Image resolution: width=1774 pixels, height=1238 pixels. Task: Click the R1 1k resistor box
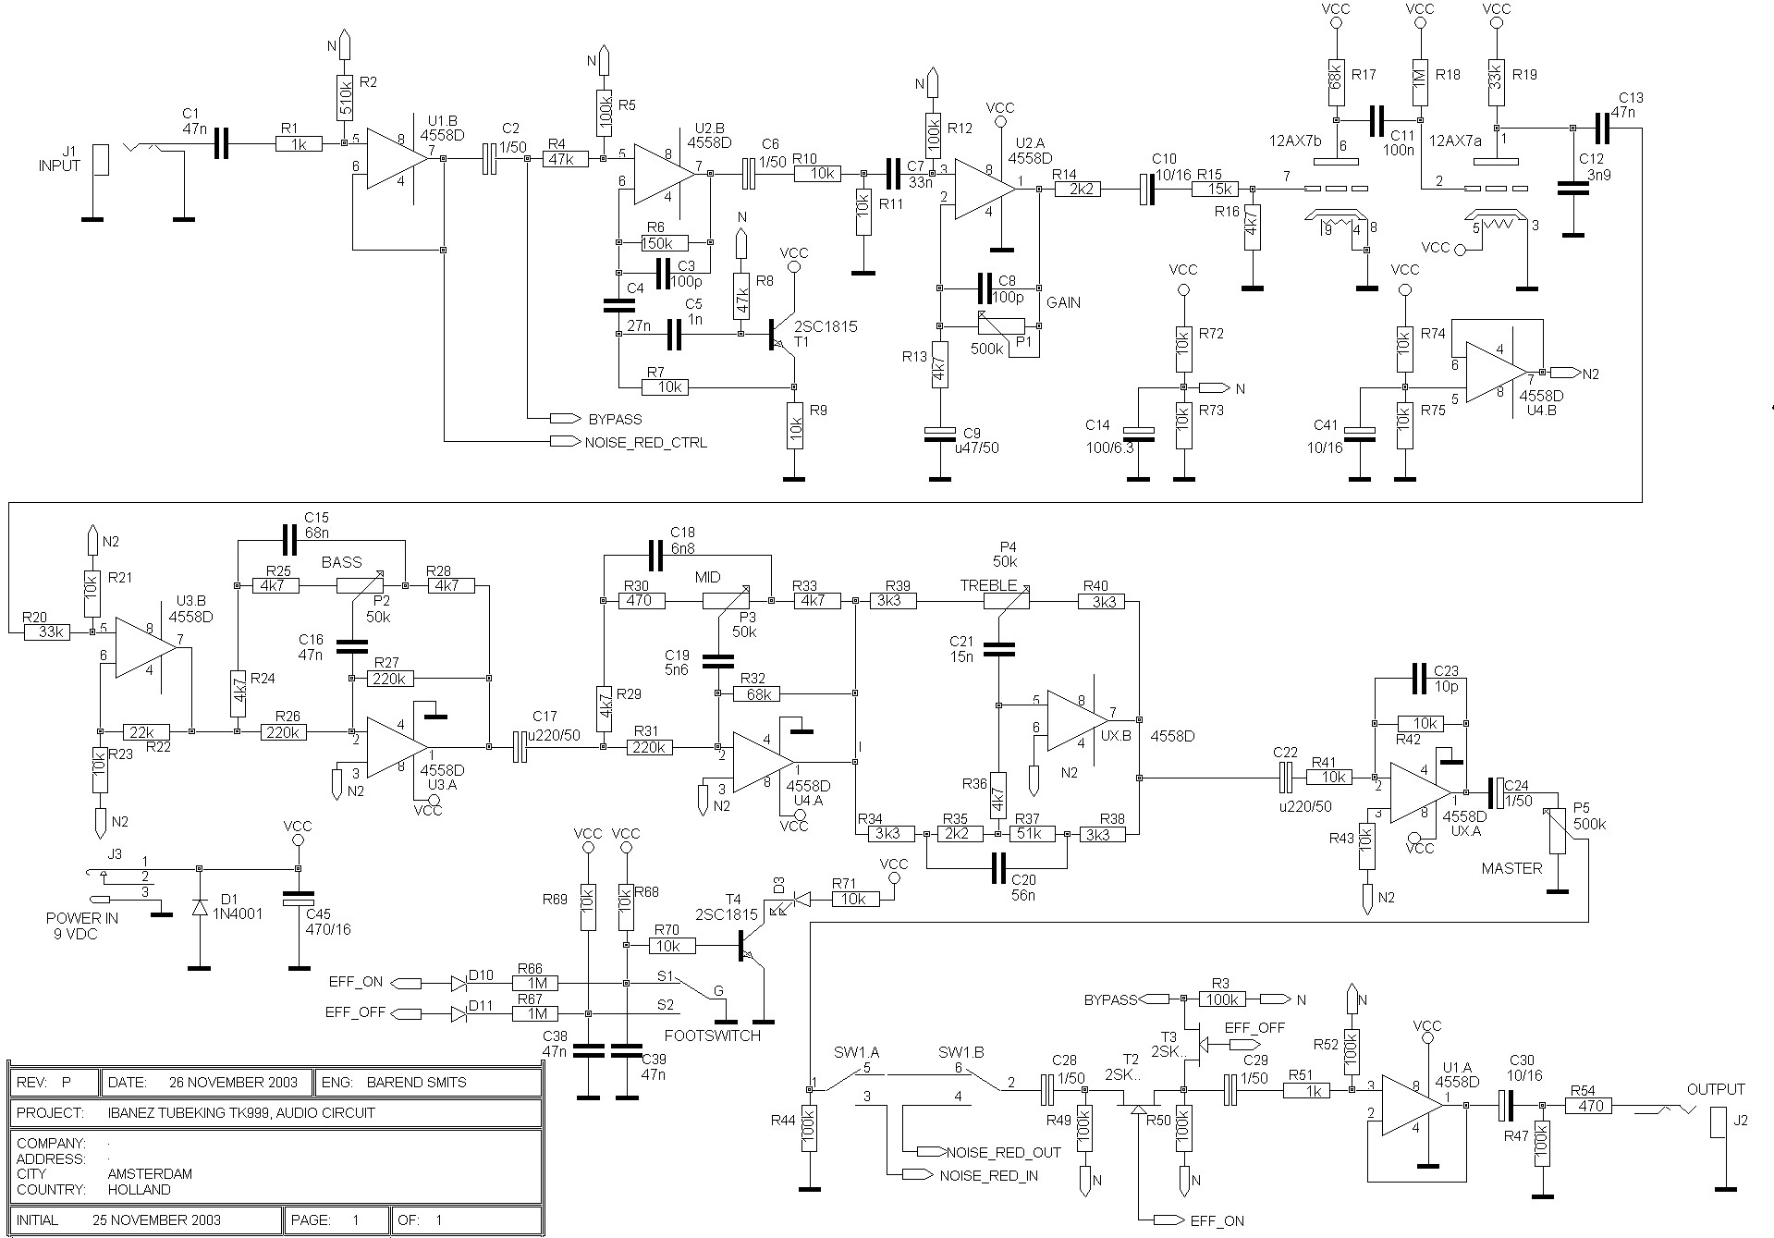click(299, 143)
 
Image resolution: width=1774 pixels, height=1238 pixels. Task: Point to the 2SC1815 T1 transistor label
click(814, 334)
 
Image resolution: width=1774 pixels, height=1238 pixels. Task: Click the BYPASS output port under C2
click(565, 418)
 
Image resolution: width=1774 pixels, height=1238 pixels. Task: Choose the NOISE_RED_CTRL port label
click(646, 443)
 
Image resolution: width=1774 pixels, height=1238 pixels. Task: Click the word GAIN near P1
click(1063, 302)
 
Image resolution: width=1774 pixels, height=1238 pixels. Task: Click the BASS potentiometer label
click(341, 562)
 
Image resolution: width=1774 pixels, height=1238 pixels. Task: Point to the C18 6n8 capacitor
click(656, 556)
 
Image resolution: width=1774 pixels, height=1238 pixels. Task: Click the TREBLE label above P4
click(988, 585)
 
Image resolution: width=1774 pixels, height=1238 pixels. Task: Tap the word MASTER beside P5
click(1511, 868)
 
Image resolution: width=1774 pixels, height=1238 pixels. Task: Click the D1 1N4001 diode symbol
click(200, 908)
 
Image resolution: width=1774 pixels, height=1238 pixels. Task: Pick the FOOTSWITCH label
click(713, 1036)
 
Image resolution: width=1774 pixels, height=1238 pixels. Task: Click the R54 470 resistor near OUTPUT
click(1590, 1105)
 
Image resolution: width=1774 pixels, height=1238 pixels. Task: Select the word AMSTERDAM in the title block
click(150, 1174)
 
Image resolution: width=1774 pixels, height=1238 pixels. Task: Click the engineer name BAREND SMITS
click(416, 1083)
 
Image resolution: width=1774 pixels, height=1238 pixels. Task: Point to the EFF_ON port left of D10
click(407, 983)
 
